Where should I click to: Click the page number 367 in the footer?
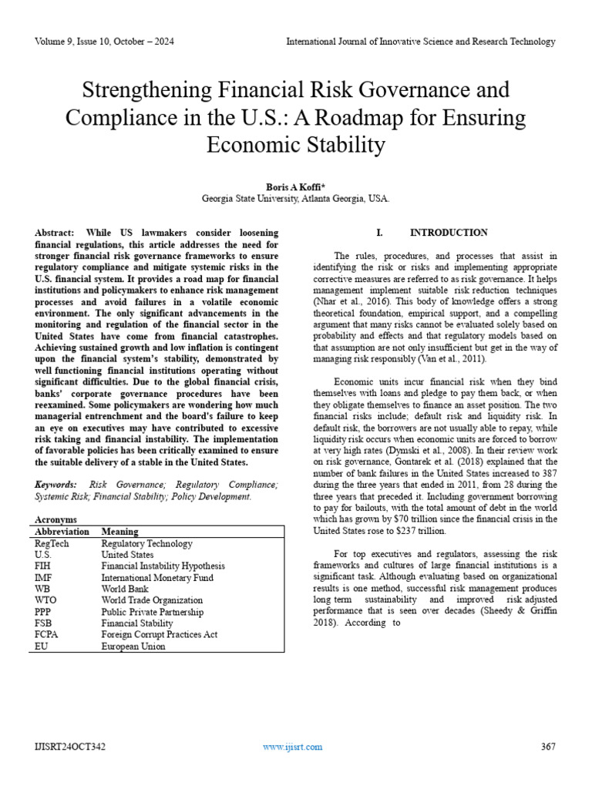548,747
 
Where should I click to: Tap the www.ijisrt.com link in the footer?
292,747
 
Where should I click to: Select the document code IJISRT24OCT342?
71,747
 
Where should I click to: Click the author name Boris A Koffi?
295,186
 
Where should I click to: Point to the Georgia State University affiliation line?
295,198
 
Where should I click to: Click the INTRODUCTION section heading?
449,232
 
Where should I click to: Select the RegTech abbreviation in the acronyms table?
52,543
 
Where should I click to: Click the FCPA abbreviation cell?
48,635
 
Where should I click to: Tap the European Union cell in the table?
133,646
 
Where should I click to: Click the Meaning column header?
119,532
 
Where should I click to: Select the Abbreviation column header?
62,532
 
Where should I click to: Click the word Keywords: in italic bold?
56,485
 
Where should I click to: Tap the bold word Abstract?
55,232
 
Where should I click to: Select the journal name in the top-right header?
420,42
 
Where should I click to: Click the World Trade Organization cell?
152,600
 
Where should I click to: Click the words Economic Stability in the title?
295,145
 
